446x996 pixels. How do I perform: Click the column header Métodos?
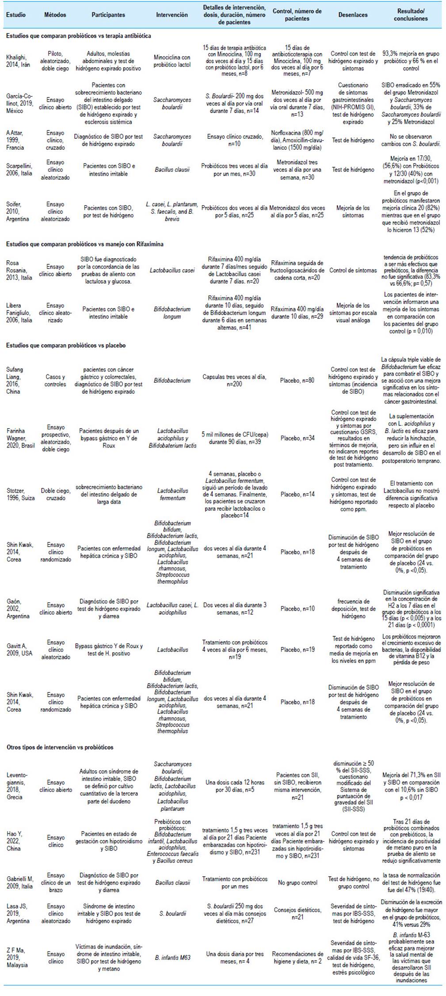click(55, 15)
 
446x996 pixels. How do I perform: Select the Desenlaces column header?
click(353, 15)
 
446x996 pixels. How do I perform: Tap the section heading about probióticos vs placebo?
click(66, 346)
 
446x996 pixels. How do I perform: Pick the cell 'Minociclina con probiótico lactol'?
click(172, 61)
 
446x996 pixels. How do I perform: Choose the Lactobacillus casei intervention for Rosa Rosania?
click(172, 270)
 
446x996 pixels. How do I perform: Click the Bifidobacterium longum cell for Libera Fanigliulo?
click(172, 313)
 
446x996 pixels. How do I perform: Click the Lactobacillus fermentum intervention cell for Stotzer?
click(172, 494)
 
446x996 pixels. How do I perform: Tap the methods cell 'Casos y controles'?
click(55, 380)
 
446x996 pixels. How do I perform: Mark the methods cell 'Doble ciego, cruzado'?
click(55, 494)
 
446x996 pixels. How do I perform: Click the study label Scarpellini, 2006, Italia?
click(19, 170)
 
